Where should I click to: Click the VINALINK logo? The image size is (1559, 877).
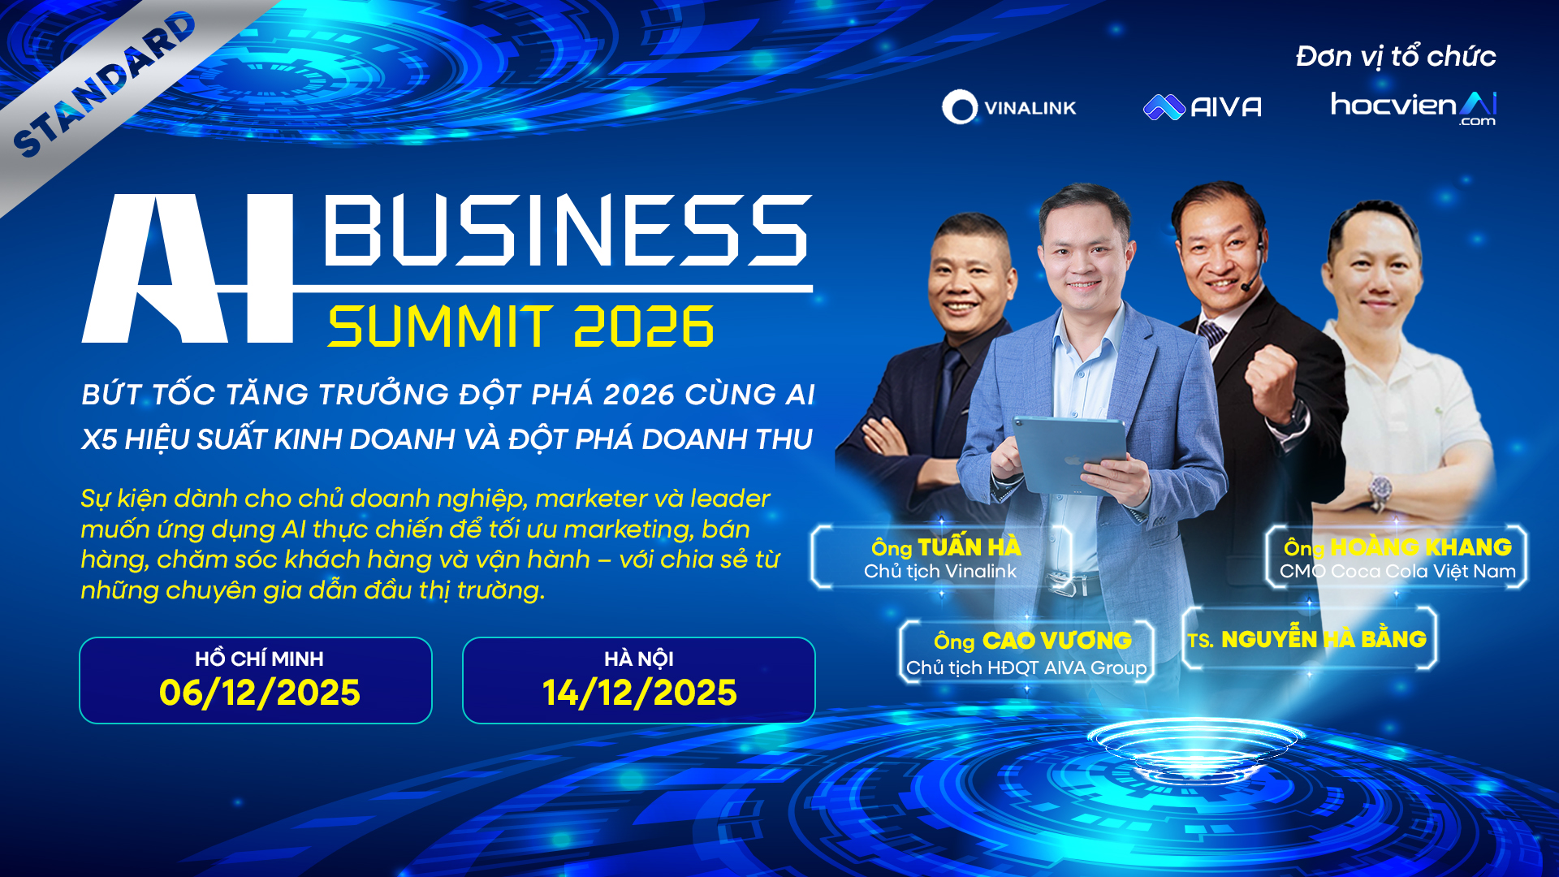coord(1008,107)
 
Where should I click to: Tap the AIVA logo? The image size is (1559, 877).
coord(1203,107)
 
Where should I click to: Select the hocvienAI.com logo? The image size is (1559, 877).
coord(1413,108)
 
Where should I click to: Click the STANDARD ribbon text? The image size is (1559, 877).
coord(105,84)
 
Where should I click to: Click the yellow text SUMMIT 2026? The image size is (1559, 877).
coord(520,326)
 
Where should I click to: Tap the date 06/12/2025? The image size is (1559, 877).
coord(259,693)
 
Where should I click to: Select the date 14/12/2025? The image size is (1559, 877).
coord(640,693)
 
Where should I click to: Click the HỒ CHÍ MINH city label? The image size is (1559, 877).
coord(259,658)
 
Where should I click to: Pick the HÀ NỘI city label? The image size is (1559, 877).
coord(639,658)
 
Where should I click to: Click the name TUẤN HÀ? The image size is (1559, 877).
coord(970,547)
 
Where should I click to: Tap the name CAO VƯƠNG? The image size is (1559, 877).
coord(1057,641)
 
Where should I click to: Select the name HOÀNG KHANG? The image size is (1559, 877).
coord(1421,547)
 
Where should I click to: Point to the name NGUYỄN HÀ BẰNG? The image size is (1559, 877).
coord(1324,639)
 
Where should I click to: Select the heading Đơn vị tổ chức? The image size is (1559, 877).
coord(1396,56)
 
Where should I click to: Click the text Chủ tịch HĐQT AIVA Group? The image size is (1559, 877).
coord(1026,667)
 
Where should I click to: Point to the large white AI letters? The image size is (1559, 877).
coord(188,268)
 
